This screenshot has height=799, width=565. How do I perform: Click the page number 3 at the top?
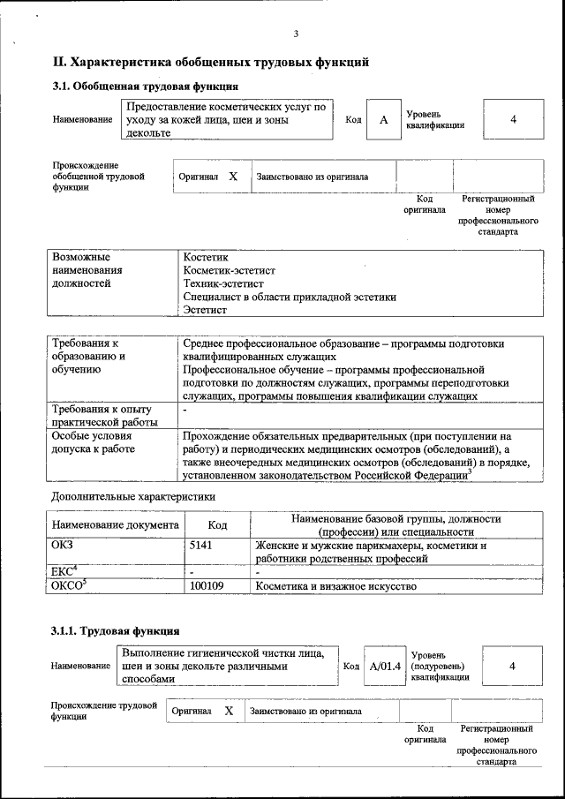(x=296, y=34)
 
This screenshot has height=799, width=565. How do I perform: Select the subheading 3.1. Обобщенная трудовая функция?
(x=145, y=87)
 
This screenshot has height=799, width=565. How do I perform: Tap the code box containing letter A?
(x=383, y=119)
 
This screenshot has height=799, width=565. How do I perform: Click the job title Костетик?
(x=205, y=256)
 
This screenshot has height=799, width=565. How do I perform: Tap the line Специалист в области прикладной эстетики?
(x=289, y=297)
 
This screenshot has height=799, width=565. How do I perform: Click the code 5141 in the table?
(x=201, y=546)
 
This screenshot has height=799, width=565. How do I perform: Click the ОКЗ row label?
(x=64, y=546)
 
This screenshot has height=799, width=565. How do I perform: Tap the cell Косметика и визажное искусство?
(x=335, y=585)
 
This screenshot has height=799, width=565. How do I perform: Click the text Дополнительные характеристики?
(x=133, y=496)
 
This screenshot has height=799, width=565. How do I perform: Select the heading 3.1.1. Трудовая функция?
(x=116, y=631)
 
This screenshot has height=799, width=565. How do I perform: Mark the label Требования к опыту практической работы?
(x=102, y=417)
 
